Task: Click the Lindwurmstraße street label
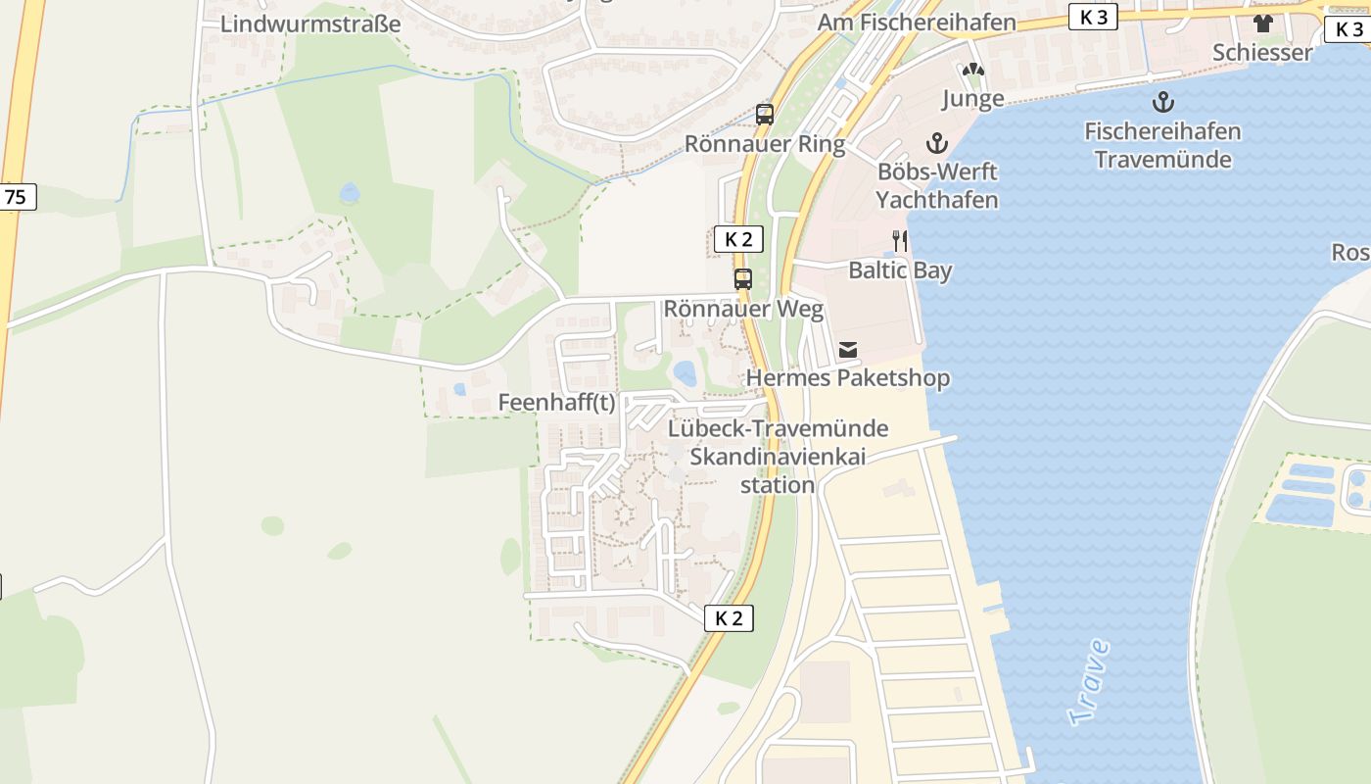(310, 24)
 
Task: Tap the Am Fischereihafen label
(917, 23)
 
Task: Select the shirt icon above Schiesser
(1262, 24)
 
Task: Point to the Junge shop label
(972, 98)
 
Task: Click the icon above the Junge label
(972, 71)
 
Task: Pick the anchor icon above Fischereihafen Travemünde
(1162, 102)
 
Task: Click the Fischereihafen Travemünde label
(1162, 145)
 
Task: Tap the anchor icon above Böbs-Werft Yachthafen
(937, 143)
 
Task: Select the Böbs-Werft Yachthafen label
(937, 186)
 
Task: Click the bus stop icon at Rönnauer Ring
(765, 115)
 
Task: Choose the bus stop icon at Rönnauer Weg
(743, 279)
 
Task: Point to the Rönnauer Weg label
(743, 309)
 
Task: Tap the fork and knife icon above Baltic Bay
(899, 241)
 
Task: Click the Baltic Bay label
(900, 270)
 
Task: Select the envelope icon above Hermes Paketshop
(848, 350)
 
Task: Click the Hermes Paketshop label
(848, 378)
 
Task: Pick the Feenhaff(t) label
(556, 403)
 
